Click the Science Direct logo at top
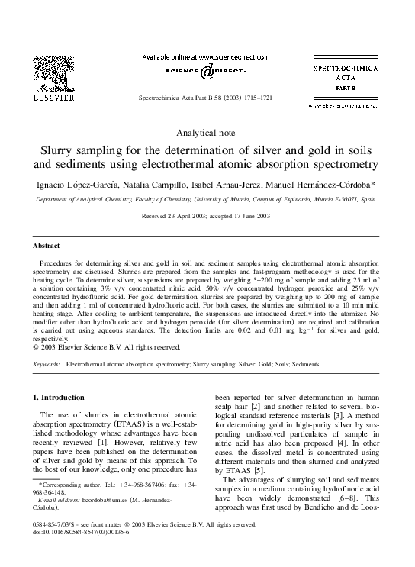click(x=207, y=71)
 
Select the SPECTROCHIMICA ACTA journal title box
click(x=342, y=76)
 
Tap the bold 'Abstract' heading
click(x=46, y=246)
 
